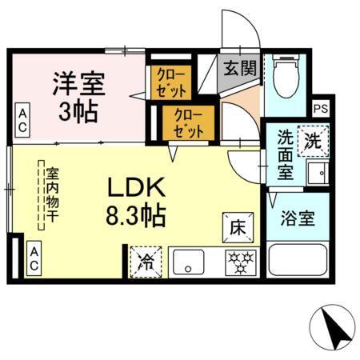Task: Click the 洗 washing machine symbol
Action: [x=312, y=141]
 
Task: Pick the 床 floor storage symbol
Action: [x=238, y=226]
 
